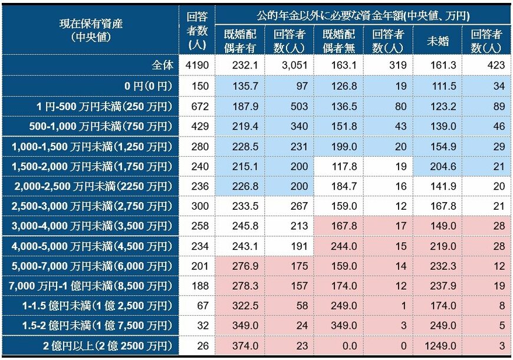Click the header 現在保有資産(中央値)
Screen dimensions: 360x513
tap(91, 30)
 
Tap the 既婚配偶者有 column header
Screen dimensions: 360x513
tap(239, 39)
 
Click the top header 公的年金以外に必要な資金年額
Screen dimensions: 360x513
tap(363, 14)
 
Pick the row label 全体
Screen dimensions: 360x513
tap(162, 65)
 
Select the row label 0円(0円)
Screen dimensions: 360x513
tap(148, 86)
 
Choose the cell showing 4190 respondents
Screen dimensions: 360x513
tap(196, 65)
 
